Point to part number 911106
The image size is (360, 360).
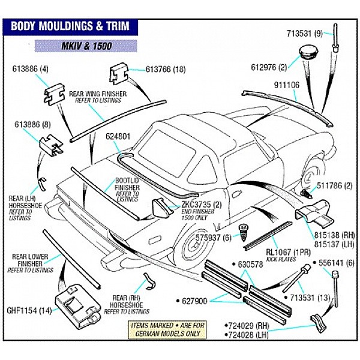point(287,85)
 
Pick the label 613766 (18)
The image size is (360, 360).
point(166,70)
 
